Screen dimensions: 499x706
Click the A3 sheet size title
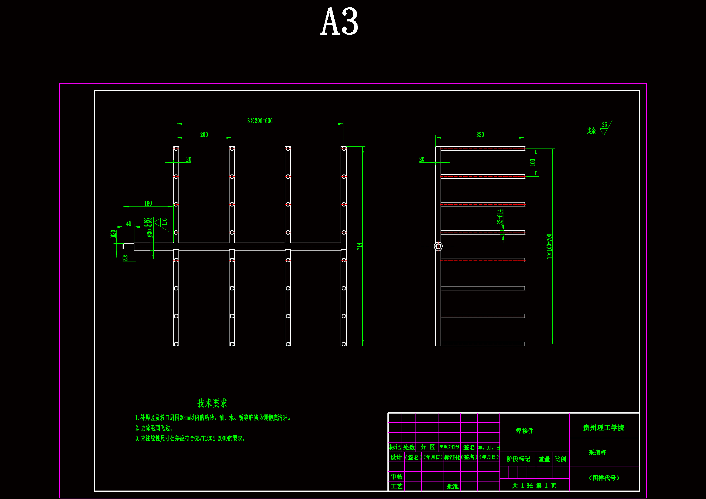click(339, 21)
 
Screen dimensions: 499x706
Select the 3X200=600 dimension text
click(260, 121)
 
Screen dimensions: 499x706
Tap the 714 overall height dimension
click(359, 246)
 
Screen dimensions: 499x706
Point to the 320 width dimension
click(480, 135)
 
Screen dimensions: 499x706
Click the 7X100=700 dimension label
click(549, 246)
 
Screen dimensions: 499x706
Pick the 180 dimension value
click(148, 203)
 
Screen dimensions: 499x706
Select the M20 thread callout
click(113, 234)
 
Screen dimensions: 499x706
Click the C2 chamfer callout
click(125, 258)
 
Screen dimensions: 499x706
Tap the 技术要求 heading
click(212, 403)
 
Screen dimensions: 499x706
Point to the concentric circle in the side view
click(438, 246)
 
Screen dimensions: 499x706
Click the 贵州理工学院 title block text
click(604, 428)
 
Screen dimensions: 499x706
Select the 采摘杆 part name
click(598, 453)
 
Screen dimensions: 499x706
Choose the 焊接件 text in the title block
click(525, 431)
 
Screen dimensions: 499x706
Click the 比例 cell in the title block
click(560, 459)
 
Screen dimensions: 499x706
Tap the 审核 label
click(397, 477)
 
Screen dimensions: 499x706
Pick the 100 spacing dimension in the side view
click(533, 162)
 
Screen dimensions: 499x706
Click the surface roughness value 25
click(605, 124)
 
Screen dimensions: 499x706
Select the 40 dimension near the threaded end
click(129, 224)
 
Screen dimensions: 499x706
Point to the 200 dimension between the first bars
click(204, 135)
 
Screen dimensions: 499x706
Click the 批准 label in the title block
click(453, 486)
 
